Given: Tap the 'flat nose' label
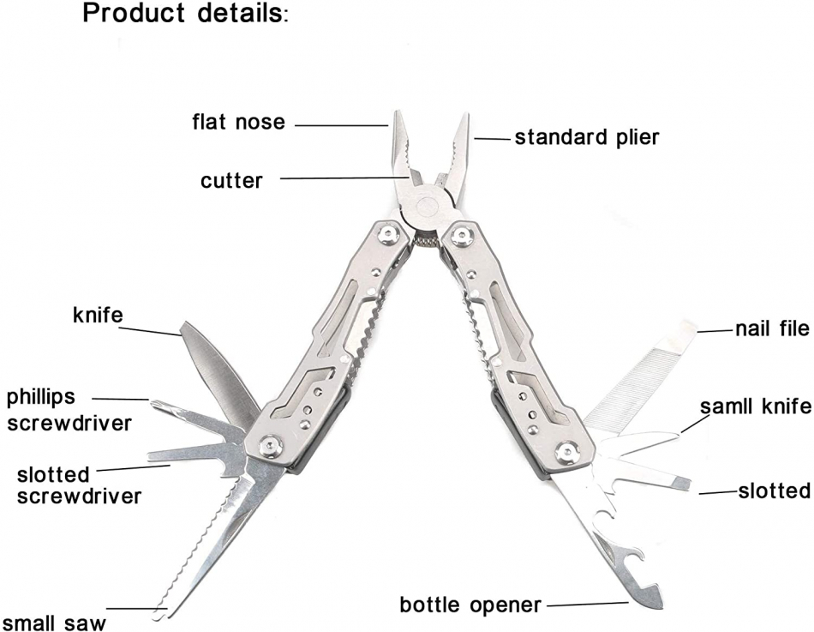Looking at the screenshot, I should (237, 122).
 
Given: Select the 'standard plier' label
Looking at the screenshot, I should (587, 136).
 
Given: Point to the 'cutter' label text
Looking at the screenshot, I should (231, 180).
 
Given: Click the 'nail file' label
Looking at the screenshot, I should (771, 328).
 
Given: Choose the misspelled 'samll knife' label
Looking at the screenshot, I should (753, 406).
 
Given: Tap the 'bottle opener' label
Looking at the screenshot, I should (470, 605).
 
